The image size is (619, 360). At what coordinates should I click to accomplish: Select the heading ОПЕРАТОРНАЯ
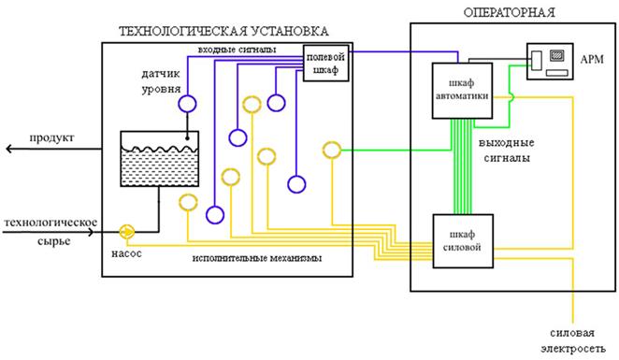click(511, 12)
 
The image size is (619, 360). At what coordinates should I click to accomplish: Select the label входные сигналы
click(237, 48)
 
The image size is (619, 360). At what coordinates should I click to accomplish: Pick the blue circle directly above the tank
click(187, 104)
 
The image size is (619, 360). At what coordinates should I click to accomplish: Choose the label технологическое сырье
click(51, 228)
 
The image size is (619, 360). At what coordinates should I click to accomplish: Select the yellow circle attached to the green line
click(331, 150)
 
